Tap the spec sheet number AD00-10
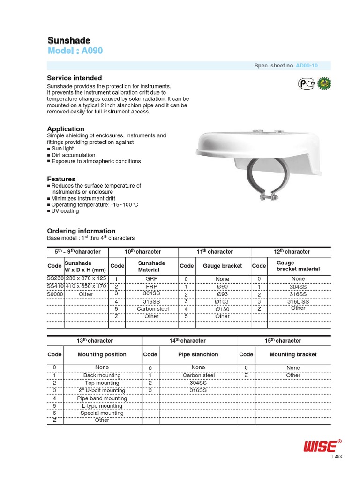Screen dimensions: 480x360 point(307,66)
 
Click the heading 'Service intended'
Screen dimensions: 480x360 point(75,78)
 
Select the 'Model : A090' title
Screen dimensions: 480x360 point(75,51)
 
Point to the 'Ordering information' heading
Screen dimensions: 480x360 point(81,231)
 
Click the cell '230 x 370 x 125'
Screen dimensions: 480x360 point(86,278)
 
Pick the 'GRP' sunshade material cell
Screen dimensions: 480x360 point(152,278)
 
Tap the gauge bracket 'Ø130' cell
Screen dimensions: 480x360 point(222,309)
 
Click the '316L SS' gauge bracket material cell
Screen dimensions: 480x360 point(298,301)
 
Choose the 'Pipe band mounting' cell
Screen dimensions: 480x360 point(102,398)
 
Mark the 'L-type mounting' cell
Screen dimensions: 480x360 point(102,406)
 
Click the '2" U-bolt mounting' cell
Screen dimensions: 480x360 point(102,390)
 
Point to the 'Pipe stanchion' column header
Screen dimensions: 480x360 point(198,354)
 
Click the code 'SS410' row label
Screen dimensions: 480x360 point(55,286)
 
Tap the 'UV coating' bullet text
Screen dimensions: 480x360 point(65,211)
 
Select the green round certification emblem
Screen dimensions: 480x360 point(324,83)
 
